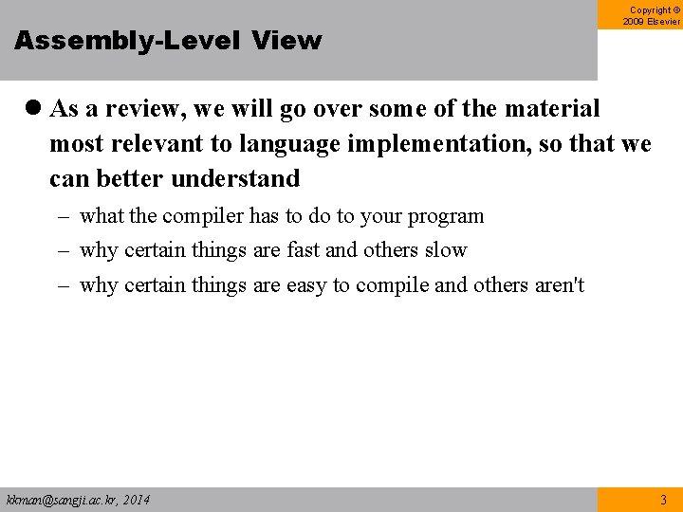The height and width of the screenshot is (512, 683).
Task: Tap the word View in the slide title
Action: click(287, 41)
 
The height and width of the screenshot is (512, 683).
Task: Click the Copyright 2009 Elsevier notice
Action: click(651, 15)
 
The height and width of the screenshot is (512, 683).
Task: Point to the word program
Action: click(446, 216)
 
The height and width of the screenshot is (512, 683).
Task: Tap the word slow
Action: click(446, 250)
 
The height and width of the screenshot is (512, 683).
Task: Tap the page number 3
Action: click(662, 500)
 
